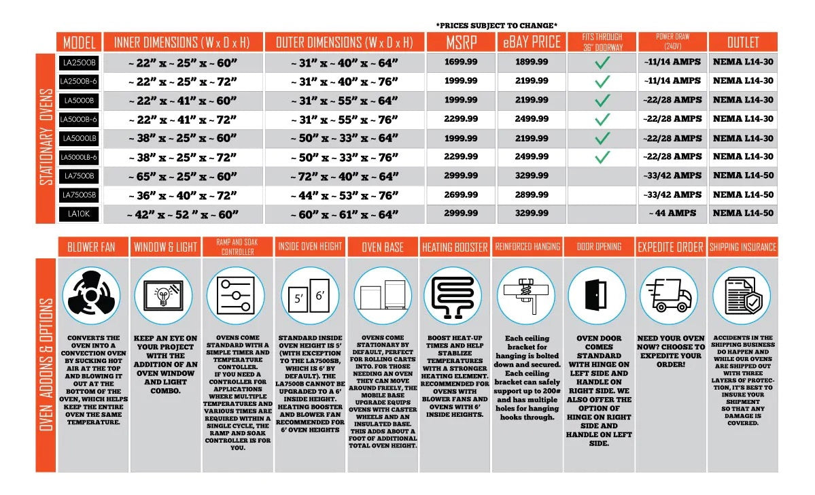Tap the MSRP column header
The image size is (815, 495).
(461, 42)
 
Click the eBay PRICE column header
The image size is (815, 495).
(532, 42)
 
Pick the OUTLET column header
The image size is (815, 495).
(743, 42)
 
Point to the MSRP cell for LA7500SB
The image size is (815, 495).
(461, 194)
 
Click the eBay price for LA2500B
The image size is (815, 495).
(532, 62)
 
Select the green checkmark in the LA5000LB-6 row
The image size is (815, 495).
(602, 157)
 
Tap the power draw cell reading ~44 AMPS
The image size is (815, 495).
(672, 214)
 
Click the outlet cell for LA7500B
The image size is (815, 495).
(743, 175)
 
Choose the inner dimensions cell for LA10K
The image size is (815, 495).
(182, 214)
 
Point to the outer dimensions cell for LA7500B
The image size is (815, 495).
(345, 175)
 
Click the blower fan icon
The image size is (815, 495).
(91, 296)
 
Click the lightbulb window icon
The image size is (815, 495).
(164, 296)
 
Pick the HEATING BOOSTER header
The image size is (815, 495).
(455, 247)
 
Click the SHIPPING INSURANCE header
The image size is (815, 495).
(743, 247)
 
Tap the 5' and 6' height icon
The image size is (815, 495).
(309, 296)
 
